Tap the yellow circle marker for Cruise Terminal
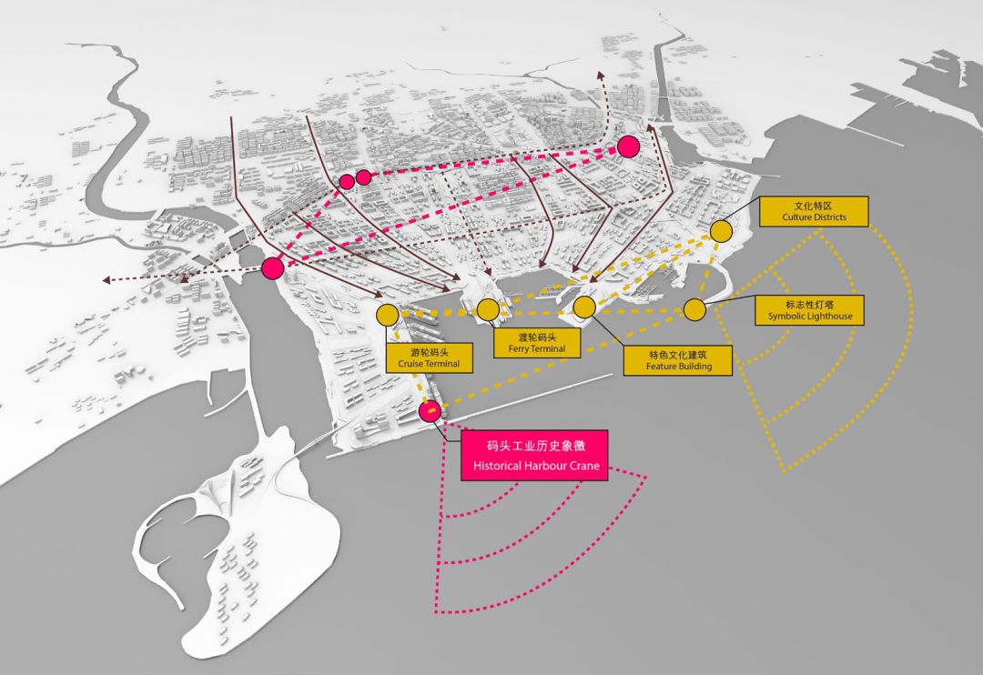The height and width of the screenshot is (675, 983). [x=387, y=315]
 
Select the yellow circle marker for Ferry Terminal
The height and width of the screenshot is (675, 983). [x=488, y=310]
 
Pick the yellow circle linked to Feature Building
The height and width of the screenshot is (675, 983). [x=584, y=307]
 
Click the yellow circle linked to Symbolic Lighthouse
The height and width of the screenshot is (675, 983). [x=694, y=310]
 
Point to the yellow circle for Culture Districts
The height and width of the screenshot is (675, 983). [x=721, y=231]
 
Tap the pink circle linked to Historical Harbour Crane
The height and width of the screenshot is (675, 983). [x=431, y=411]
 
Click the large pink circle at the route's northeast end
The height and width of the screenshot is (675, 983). [x=628, y=146]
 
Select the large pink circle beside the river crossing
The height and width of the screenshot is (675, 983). [x=272, y=267]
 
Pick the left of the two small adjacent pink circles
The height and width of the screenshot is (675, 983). [x=347, y=181]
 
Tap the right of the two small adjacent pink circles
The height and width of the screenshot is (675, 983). [x=363, y=176]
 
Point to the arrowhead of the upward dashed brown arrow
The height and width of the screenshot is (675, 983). [x=600, y=75]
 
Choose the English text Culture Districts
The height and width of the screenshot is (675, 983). [x=814, y=217]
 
